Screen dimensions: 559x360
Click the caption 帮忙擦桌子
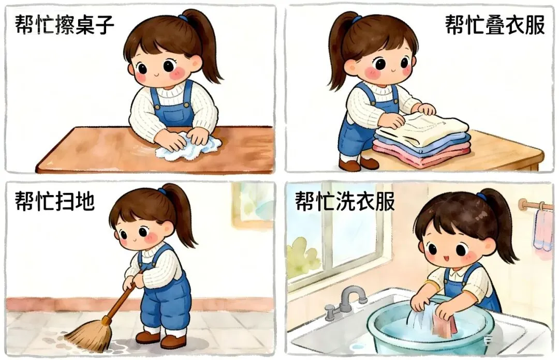click(65, 25)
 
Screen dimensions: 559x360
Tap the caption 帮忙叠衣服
click(495, 25)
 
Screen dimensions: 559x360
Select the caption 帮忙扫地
click(54, 201)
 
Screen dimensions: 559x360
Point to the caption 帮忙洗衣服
click(345, 201)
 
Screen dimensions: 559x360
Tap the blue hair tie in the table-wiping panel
click(183, 18)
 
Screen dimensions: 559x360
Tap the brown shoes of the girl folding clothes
click(358, 163)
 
